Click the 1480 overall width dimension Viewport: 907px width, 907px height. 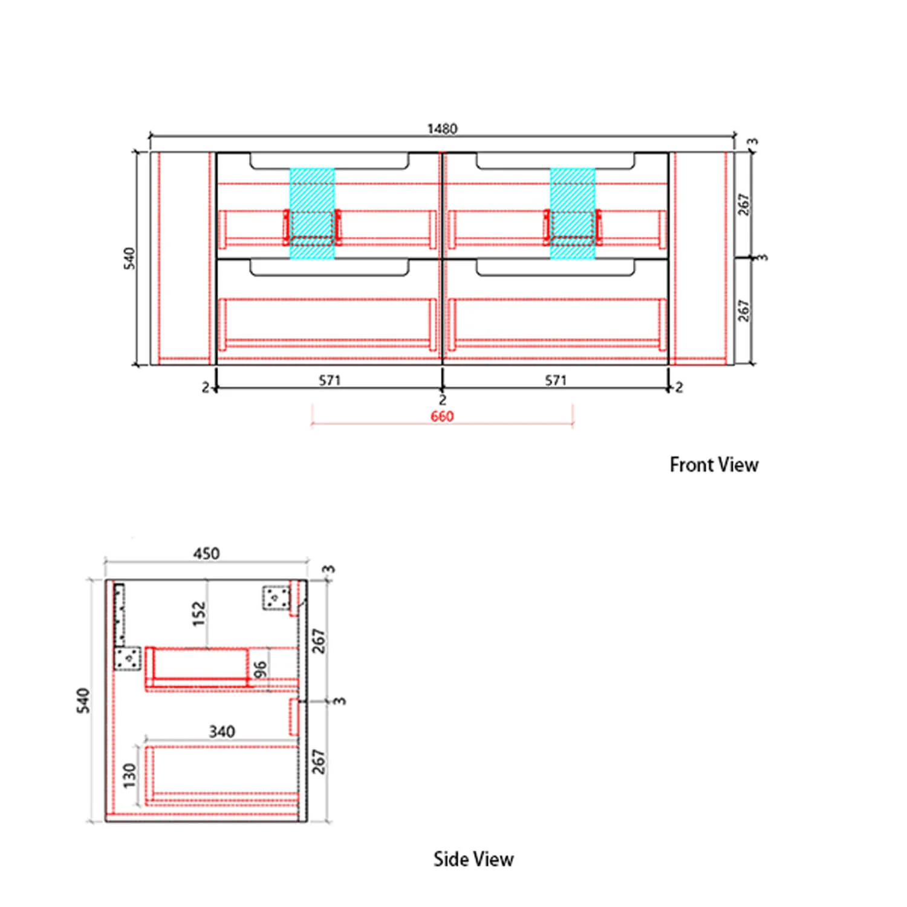click(442, 128)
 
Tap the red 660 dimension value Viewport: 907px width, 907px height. click(442, 416)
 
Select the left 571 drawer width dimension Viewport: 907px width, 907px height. click(330, 380)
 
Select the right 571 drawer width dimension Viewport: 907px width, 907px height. click(556, 380)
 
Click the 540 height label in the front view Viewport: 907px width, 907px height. click(129, 258)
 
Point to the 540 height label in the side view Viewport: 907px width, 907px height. click(83, 700)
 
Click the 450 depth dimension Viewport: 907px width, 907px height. click(206, 553)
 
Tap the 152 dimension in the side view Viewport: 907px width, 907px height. click(199, 614)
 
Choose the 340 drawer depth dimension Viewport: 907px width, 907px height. click(222, 732)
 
